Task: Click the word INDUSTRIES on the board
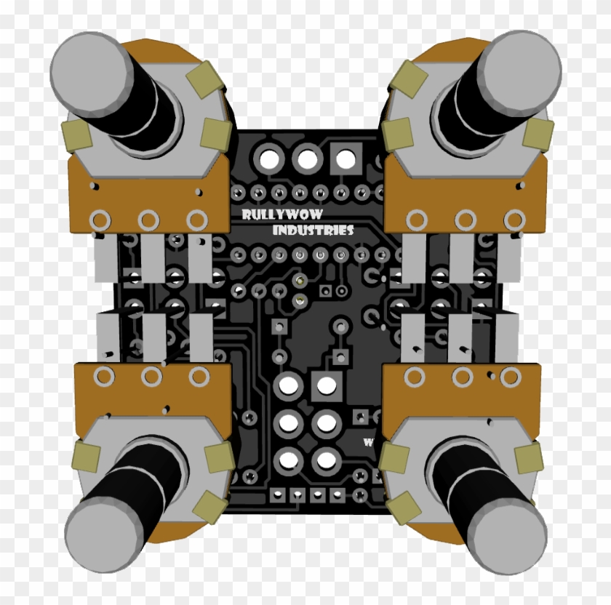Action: tap(313, 231)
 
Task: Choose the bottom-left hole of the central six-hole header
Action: tap(289, 459)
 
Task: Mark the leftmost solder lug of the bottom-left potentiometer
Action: tap(104, 376)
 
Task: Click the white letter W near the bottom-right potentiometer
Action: tap(369, 441)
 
